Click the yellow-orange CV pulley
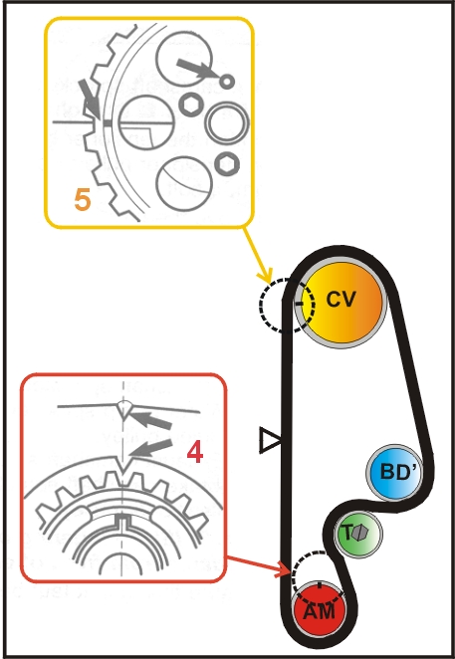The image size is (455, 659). [341, 304]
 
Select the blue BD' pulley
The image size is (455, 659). [394, 473]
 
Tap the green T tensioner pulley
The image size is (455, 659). [357, 534]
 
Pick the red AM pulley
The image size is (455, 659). [320, 608]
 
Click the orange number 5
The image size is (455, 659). [83, 200]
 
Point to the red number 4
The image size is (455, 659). [195, 453]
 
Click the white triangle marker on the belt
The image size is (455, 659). [269, 440]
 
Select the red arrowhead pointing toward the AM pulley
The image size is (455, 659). [283, 571]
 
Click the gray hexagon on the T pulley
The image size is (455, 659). [359, 534]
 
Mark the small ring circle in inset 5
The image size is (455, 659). [227, 81]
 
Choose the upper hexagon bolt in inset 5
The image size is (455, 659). [191, 105]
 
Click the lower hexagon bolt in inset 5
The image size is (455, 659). [227, 164]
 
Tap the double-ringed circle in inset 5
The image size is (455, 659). [227, 122]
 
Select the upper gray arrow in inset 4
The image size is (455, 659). [149, 420]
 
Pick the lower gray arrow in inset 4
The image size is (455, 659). [150, 448]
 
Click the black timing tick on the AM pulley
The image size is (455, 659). [320, 584]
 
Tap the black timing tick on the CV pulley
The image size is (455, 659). [300, 303]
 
